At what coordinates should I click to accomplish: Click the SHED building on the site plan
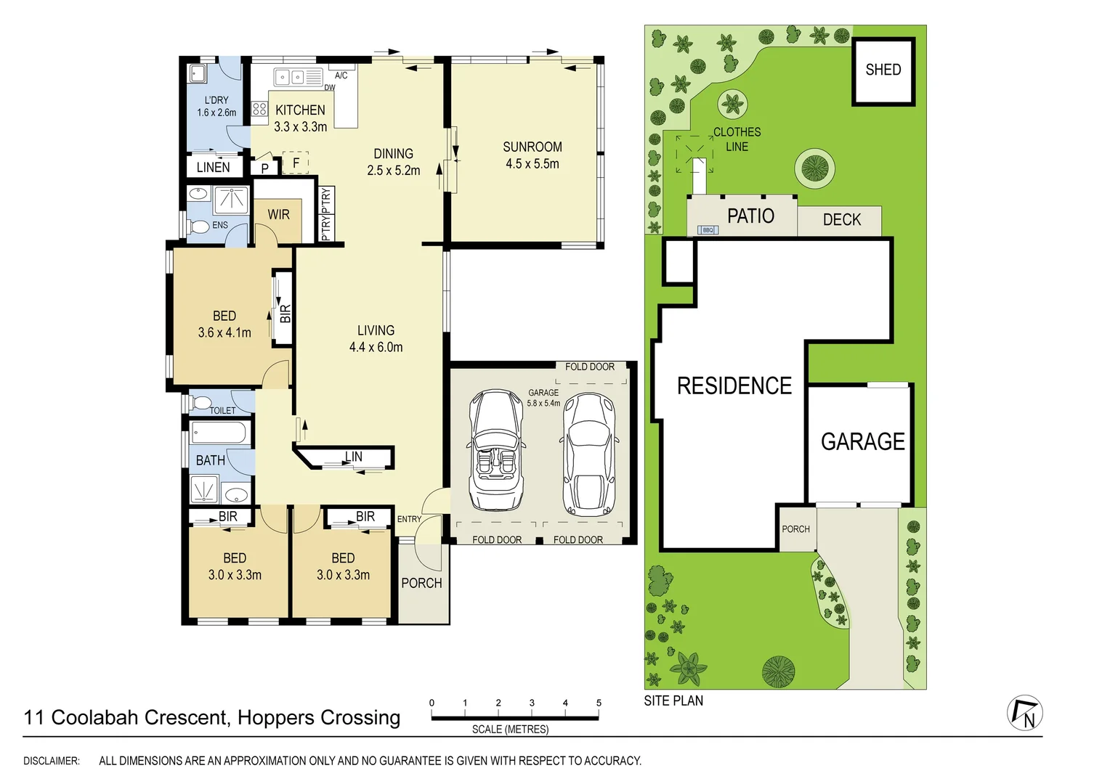[x=883, y=70]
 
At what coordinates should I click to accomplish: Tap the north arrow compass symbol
[x=1025, y=713]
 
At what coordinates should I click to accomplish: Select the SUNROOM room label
[x=532, y=147]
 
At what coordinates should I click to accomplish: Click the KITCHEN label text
[x=300, y=110]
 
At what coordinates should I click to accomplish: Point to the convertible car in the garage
[x=497, y=450]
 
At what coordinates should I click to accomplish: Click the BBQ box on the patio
[x=708, y=230]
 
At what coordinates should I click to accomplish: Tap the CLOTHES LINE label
[x=737, y=139]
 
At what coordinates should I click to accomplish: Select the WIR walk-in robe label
[x=278, y=215]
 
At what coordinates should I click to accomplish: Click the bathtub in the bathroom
[x=221, y=434]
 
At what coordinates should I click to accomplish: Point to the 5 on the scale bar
[x=599, y=703]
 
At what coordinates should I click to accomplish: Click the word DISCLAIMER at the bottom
[x=52, y=761]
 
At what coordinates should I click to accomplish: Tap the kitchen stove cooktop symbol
[x=259, y=109]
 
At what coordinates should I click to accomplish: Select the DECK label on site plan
[x=841, y=220]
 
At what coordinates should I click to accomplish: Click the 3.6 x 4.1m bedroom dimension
[x=224, y=332]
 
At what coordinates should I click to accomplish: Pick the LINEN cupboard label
[x=213, y=168]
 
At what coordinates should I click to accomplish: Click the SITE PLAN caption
[x=673, y=701]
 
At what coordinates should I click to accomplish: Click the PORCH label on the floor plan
[x=421, y=583]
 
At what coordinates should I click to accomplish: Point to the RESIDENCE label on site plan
[x=734, y=385]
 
